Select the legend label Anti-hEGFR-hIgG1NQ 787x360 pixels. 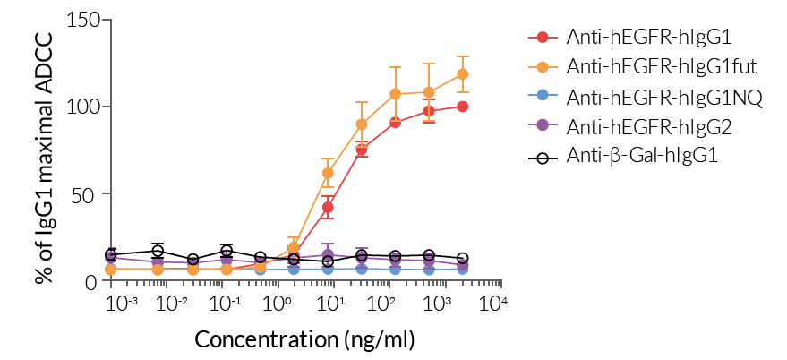[663, 97]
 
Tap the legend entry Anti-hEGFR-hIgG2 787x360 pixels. [649, 126]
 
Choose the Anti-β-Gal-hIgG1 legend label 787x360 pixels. [643, 156]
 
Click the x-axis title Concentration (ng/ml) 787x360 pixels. [305, 340]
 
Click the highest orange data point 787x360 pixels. [463, 74]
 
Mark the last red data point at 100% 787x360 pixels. [463, 107]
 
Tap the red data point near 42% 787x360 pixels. [329, 208]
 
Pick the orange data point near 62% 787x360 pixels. [329, 173]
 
